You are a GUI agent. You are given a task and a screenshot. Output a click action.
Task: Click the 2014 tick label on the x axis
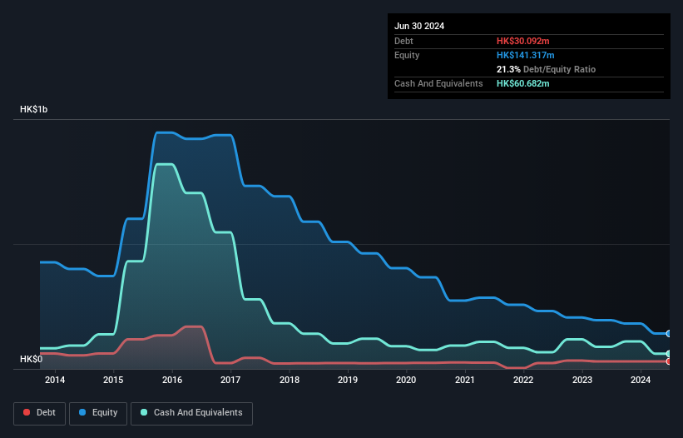point(55,381)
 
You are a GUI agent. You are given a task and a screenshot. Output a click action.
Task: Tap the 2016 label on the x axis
point(172,381)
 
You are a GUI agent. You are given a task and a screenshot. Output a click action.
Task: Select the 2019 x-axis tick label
point(348,381)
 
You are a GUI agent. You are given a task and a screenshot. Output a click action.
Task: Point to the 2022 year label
point(523,381)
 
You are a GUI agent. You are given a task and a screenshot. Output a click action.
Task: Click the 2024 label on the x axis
point(641,381)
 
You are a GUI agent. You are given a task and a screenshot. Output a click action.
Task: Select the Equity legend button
point(98,412)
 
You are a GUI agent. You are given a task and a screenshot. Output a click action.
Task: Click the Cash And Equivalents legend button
point(191,412)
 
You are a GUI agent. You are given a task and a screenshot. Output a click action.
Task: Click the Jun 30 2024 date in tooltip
point(419,26)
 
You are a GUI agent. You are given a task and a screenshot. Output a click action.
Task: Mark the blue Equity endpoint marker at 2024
point(668,333)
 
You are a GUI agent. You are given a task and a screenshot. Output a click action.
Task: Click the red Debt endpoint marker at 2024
point(668,361)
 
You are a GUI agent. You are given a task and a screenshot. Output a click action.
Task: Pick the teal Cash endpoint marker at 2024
point(668,354)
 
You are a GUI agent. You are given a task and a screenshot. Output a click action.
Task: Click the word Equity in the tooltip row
point(407,55)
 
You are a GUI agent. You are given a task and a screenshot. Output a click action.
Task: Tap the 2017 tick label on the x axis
point(230,381)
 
